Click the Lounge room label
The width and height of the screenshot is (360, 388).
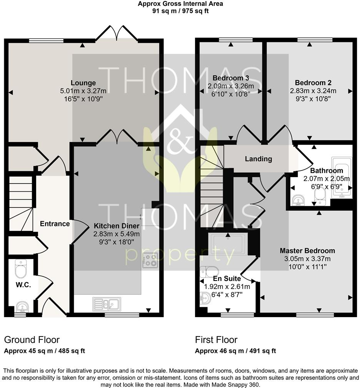[x=83, y=83]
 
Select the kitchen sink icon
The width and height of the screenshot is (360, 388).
[x=107, y=304]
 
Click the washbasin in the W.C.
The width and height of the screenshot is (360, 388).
[x=22, y=307]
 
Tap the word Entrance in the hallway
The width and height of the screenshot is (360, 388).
[x=55, y=224]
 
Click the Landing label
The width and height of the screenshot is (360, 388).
[x=258, y=159]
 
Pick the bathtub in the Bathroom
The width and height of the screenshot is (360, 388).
[x=342, y=177]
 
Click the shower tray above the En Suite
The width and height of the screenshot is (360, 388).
[x=227, y=244]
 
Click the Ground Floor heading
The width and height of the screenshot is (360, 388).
[x=32, y=340]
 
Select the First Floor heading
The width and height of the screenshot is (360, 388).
[x=216, y=340]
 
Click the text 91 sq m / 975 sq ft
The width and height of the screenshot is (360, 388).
[x=180, y=11]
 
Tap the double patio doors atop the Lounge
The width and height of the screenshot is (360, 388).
[x=117, y=33]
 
